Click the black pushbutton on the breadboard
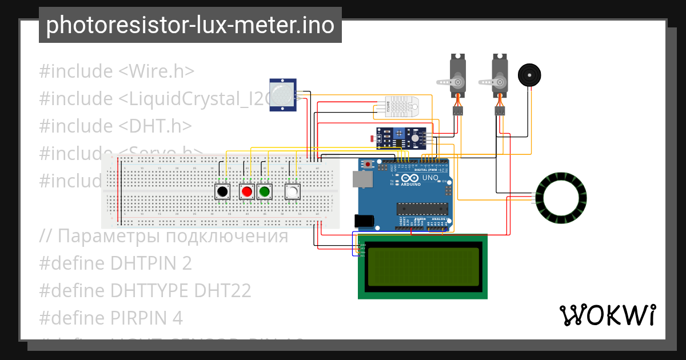click(x=222, y=191)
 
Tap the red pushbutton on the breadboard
click(x=246, y=191)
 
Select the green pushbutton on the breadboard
click(x=264, y=191)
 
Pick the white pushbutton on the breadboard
click(x=292, y=191)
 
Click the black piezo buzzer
click(x=529, y=75)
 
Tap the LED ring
click(x=561, y=198)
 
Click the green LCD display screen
click(x=422, y=266)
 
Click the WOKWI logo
click(x=607, y=315)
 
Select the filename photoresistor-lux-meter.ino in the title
click(x=190, y=25)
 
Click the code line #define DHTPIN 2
click(x=115, y=263)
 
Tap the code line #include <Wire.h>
click(x=117, y=71)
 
